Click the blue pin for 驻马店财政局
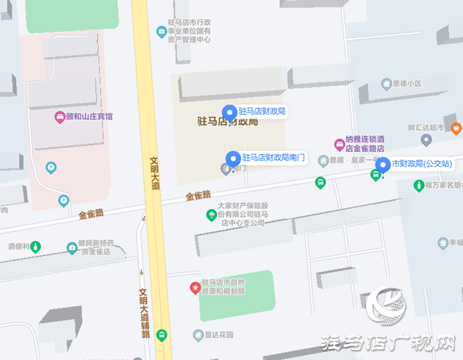click(229, 112)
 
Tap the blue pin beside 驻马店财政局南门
click(232, 158)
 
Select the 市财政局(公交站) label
click(422, 164)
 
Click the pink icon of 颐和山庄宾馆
click(59, 116)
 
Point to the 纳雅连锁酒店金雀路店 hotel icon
click(339, 144)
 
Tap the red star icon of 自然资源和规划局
click(195, 287)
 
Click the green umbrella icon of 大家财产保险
click(211, 214)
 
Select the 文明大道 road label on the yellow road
click(155, 174)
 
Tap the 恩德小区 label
click(406, 84)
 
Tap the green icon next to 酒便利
click(35, 247)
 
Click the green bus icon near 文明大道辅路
click(161, 335)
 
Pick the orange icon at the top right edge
click(456, 129)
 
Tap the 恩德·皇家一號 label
click(354, 160)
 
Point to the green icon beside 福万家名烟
click(418, 186)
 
